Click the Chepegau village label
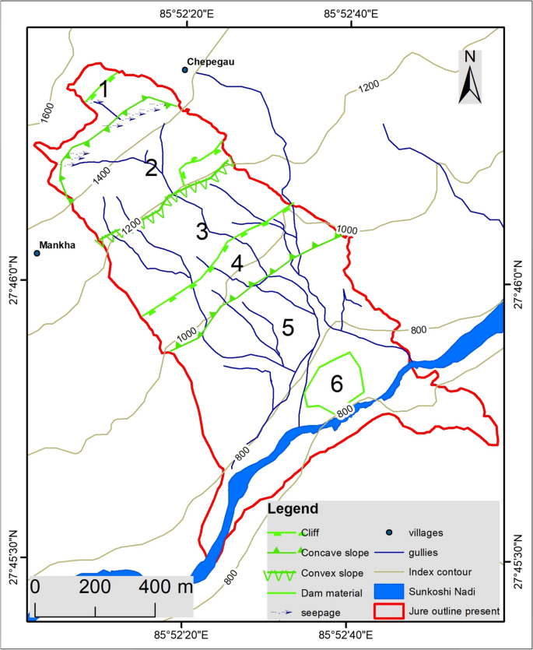tap(212, 61)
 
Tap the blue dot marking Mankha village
tap(37, 253)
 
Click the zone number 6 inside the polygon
tap(336, 384)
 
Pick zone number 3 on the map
tap(202, 231)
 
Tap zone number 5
tap(288, 328)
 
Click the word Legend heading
tap(293, 510)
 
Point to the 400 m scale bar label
tap(167, 586)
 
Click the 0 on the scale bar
tap(35, 586)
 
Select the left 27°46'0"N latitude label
tap(14, 279)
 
